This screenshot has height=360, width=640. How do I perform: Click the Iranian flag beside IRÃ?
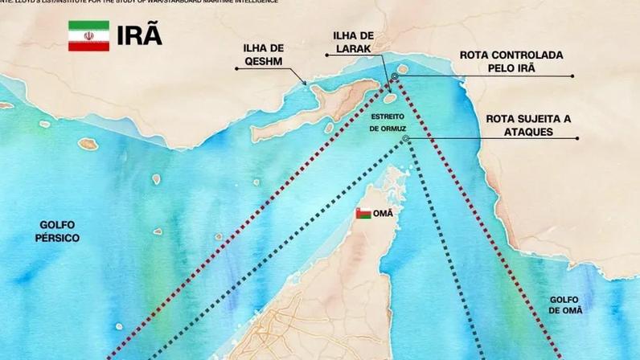click(x=88, y=36)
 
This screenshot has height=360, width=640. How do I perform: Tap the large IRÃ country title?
click(x=139, y=36)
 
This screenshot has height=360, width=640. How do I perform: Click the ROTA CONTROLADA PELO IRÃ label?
click(x=511, y=62)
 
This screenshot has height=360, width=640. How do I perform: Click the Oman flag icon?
click(x=364, y=214)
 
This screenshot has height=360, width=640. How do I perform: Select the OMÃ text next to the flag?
click(x=384, y=214)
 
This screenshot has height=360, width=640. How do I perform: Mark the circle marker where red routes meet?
click(x=396, y=77)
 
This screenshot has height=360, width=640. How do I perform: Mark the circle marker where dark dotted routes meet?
click(x=405, y=139)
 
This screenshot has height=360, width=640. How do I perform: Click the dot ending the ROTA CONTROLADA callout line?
click(x=573, y=76)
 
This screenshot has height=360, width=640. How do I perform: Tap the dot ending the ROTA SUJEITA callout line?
click(x=577, y=139)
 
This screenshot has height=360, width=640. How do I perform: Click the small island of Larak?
click(x=389, y=99)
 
